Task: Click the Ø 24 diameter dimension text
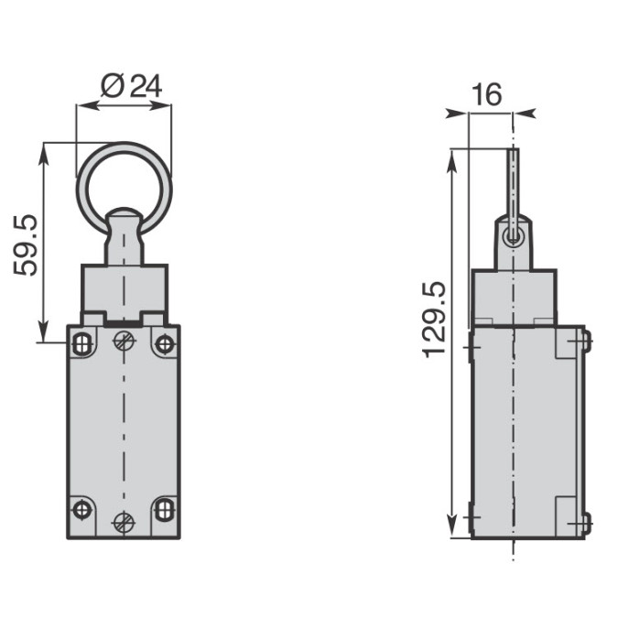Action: click(x=131, y=87)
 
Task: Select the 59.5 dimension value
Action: click(x=26, y=245)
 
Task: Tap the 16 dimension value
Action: click(x=487, y=94)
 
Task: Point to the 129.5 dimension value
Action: click(x=435, y=320)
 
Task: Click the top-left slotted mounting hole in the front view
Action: click(x=82, y=343)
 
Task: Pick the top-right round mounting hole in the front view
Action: click(x=164, y=344)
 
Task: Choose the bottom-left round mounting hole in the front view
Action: click(x=82, y=510)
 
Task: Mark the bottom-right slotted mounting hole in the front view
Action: click(x=164, y=510)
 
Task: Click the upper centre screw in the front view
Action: click(x=125, y=341)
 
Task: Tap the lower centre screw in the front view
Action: click(x=125, y=523)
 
